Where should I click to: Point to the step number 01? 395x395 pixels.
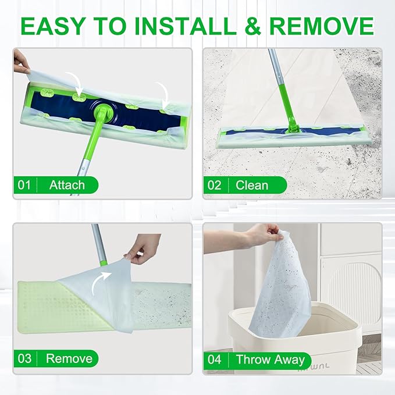(x=24, y=186)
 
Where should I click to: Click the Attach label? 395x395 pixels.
(x=67, y=186)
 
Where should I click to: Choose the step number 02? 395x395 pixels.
(x=215, y=186)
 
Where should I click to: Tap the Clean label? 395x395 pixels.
(x=252, y=186)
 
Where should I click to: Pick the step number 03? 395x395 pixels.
(x=24, y=358)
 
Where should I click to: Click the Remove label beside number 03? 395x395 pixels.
(x=68, y=358)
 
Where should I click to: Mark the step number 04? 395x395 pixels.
(x=215, y=359)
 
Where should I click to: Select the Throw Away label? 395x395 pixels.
(x=270, y=359)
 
